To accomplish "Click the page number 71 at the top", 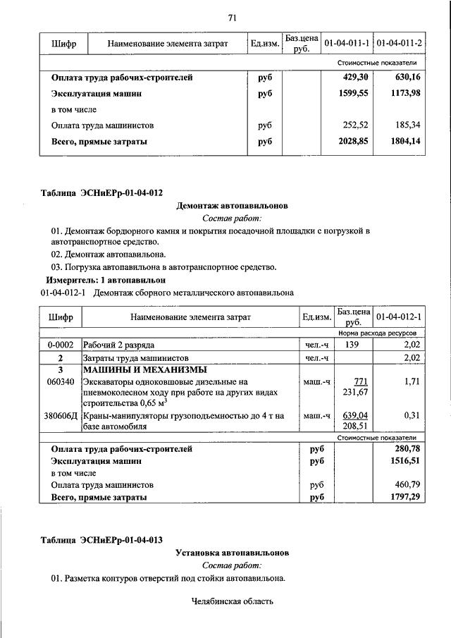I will click(x=232, y=18).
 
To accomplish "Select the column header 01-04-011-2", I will click(x=399, y=44).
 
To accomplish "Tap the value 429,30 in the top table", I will click(x=354, y=78).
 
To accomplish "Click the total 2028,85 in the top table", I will click(x=354, y=141).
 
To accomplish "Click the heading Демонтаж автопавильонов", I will click(x=232, y=206).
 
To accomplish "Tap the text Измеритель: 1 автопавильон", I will click(x=106, y=280).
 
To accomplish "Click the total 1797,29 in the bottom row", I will click(x=404, y=497).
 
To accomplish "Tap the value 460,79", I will click(x=406, y=485).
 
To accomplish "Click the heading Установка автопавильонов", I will click(x=232, y=553).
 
